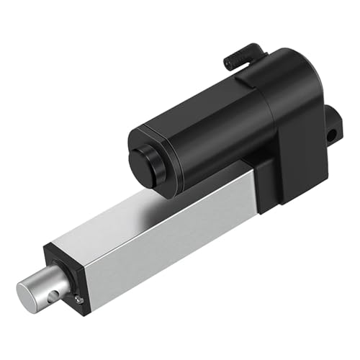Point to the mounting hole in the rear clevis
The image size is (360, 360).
[x=332, y=135]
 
